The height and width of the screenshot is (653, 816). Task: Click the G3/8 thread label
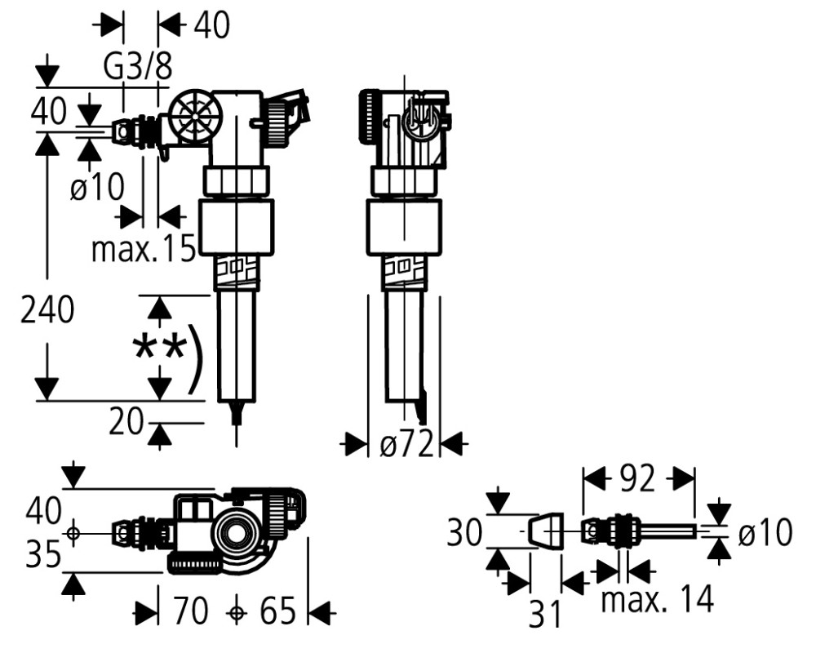click(x=137, y=66)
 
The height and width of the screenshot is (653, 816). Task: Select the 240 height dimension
click(x=47, y=310)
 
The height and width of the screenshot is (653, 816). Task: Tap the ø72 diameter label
click(x=406, y=444)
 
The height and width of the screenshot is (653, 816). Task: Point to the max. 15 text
click(x=144, y=248)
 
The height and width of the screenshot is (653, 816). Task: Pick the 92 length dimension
click(x=638, y=479)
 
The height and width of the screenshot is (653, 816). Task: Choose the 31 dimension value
click(x=546, y=614)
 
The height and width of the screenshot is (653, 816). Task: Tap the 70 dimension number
click(x=189, y=611)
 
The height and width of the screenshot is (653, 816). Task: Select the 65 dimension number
click(x=278, y=611)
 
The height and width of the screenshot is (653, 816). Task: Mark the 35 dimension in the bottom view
click(x=44, y=555)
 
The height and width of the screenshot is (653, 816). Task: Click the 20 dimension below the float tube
click(x=126, y=422)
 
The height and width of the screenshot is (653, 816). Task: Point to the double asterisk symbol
click(x=159, y=348)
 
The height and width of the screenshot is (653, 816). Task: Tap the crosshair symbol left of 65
click(x=237, y=614)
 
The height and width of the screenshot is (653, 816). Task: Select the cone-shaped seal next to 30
click(x=545, y=531)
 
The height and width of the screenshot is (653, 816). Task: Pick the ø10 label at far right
click(x=765, y=533)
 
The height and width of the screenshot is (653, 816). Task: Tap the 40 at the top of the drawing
click(x=211, y=24)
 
